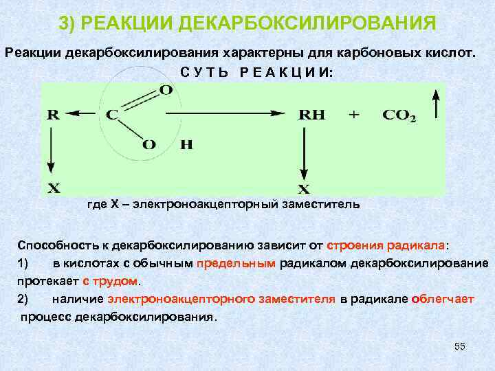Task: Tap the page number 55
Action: pos(460,347)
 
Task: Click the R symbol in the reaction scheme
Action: pos(52,116)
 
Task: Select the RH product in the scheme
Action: pos(311,116)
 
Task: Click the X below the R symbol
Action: pos(53,187)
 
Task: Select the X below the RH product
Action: pos(302,188)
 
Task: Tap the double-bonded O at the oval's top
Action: pos(166,90)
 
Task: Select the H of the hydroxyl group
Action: pos(186,144)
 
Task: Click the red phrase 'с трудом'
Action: pos(110,281)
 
